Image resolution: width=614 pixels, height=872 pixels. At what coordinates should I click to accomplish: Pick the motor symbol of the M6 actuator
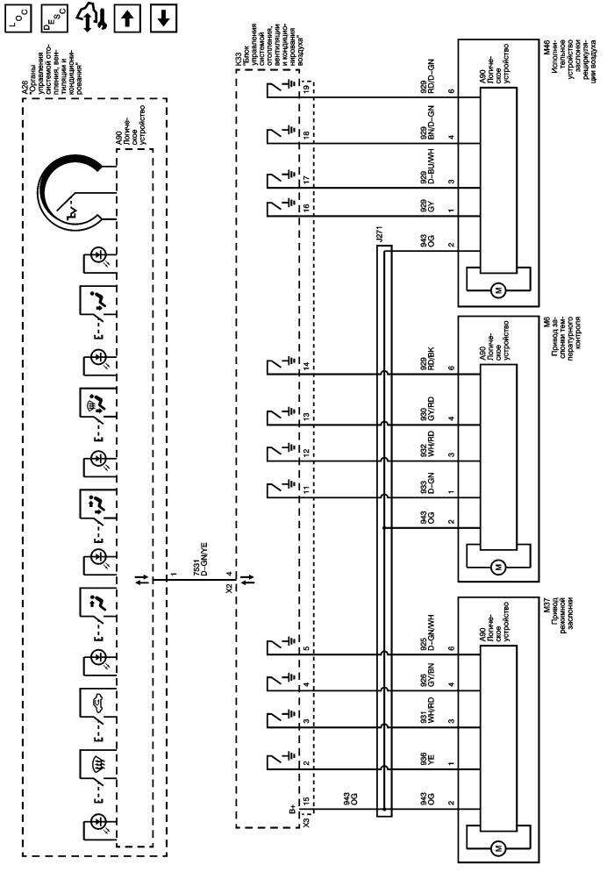pos(497,566)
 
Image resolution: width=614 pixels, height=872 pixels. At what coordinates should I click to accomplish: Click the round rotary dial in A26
pos(80,188)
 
